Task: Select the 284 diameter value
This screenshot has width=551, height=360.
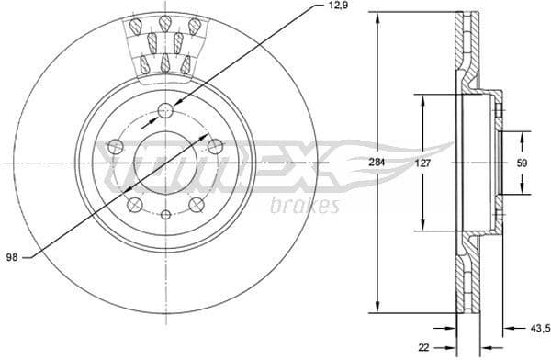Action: (x=375, y=163)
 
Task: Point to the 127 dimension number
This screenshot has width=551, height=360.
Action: (x=422, y=163)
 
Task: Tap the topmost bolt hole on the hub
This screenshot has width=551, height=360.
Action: (x=165, y=111)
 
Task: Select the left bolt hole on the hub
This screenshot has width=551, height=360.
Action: (x=115, y=146)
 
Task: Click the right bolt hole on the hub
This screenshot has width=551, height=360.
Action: (x=216, y=146)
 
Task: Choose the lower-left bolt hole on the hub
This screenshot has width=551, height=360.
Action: (x=134, y=205)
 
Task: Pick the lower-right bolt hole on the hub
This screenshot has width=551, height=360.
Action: (x=197, y=205)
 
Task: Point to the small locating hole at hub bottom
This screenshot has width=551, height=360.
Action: (x=165, y=215)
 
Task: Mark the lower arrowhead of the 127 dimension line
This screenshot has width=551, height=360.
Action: (x=422, y=225)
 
